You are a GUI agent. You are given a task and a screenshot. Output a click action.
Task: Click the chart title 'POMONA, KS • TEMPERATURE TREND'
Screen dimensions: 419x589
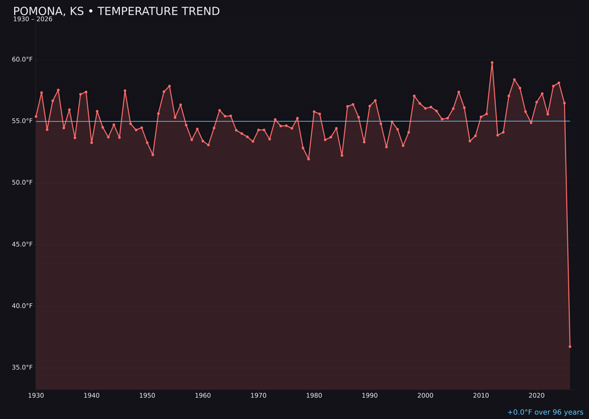point(116,11)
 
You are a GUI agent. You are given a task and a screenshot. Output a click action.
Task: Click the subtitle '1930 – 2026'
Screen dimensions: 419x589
point(33,20)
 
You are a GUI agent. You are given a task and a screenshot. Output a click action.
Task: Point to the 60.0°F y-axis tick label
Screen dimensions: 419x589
point(22,59)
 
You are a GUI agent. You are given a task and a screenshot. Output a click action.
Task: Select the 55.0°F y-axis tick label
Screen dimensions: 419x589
point(22,121)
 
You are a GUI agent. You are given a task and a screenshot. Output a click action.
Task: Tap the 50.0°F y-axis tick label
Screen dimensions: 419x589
point(22,183)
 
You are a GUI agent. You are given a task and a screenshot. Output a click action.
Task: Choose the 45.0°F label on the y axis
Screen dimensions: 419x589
point(22,244)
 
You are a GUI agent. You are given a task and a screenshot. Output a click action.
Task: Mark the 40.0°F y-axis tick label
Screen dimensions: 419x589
point(22,306)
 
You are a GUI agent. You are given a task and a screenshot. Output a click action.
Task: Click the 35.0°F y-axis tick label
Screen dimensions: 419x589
point(22,368)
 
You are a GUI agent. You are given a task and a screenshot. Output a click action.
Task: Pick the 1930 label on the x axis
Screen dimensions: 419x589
point(36,396)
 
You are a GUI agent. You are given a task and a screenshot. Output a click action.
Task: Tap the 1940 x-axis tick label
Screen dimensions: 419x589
point(92,396)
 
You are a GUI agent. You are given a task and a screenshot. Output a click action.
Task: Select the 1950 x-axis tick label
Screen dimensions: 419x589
point(147,396)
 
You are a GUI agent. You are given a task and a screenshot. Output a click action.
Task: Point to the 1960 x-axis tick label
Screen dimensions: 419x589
point(203,396)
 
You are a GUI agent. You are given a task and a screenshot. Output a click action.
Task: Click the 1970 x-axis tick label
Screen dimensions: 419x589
point(259,396)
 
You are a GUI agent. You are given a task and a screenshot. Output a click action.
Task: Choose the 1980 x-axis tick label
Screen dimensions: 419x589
point(314,396)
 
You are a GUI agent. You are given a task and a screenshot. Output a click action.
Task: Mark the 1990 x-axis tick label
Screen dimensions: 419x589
point(370,396)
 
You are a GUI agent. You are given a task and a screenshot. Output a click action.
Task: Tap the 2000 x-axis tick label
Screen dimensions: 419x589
point(425,396)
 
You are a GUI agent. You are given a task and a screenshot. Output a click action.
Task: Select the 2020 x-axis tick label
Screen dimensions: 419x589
point(537,396)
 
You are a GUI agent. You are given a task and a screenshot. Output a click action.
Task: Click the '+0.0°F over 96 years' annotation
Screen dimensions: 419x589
point(545,412)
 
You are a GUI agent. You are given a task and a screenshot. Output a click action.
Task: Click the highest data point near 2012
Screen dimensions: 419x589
point(492,63)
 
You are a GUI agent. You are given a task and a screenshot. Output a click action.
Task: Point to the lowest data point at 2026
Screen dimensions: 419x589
point(570,346)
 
